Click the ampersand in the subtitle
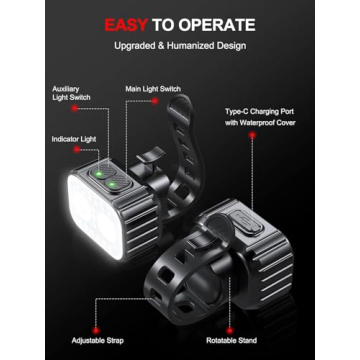pyautogui.click(x=163, y=47)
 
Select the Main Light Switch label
pyautogui.click(x=153, y=89)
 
